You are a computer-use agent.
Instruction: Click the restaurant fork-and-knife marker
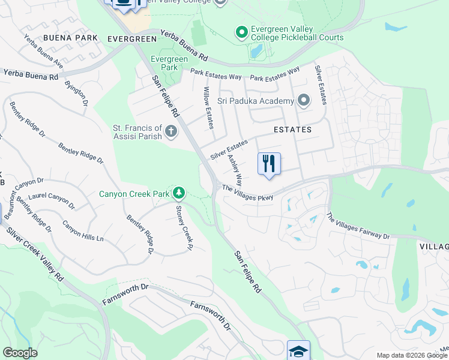(x=269, y=163)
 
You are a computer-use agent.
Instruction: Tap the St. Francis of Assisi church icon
(x=171, y=131)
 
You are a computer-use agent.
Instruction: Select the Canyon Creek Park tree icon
(x=178, y=193)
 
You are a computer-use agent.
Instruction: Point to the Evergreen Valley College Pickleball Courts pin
(x=241, y=32)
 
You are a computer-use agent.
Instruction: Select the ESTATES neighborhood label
(x=292, y=130)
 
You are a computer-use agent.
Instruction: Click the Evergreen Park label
(x=169, y=63)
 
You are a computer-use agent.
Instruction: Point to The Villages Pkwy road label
(x=247, y=193)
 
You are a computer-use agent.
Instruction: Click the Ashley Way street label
(x=235, y=170)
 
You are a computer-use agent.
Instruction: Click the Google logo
(x=19, y=353)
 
